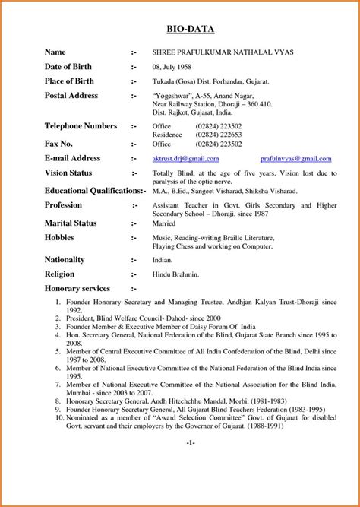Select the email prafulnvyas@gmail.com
pos(295,159)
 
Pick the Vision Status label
pos(68,173)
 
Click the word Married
pos(165,223)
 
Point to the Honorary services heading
pos(77,289)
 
